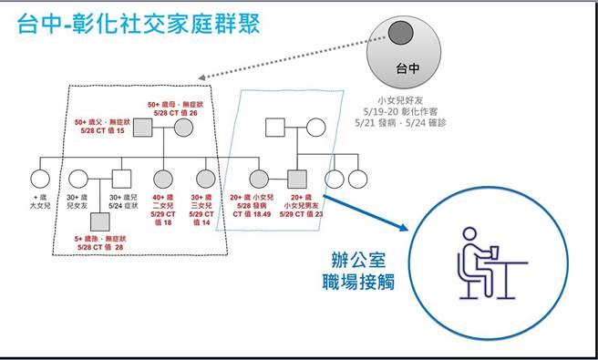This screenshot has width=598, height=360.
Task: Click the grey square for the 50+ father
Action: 141,130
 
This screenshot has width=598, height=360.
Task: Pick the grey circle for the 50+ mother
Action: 182,130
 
